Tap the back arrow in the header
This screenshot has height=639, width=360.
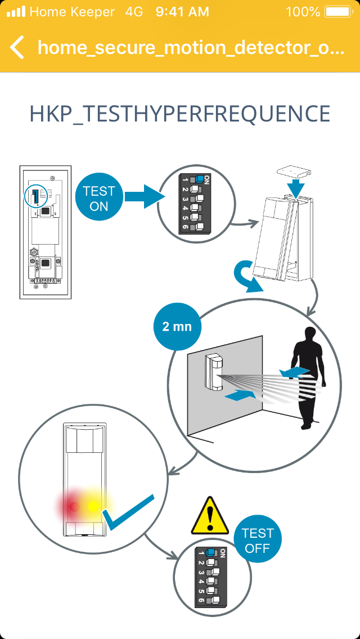point(17,47)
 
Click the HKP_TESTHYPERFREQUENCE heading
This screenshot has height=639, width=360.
point(179,114)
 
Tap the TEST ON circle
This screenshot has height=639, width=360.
point(99,199)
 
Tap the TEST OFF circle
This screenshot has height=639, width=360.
point(258,540)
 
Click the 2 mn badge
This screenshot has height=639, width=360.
point(177,326)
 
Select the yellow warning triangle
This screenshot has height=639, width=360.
point(210,516)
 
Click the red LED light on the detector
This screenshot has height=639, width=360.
point(73,506)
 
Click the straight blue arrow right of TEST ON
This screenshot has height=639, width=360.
point(143,196)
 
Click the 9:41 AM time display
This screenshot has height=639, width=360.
point(182,11)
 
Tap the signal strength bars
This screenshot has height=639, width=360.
point(16,11)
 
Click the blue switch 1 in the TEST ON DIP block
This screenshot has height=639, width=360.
point(199,179)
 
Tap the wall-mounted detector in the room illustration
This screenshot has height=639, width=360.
point(213,371)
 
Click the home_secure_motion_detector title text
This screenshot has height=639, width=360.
point(191,47)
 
